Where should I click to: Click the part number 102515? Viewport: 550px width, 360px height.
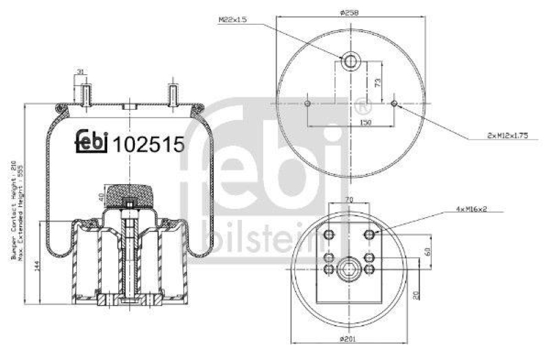click(149, 144)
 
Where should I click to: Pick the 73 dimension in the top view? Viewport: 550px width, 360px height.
click(377, 82)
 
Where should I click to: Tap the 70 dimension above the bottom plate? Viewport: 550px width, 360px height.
click(350, 199)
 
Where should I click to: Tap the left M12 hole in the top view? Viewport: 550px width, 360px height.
click(307, 104)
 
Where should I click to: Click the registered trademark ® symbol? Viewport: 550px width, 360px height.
click(362, 106)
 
